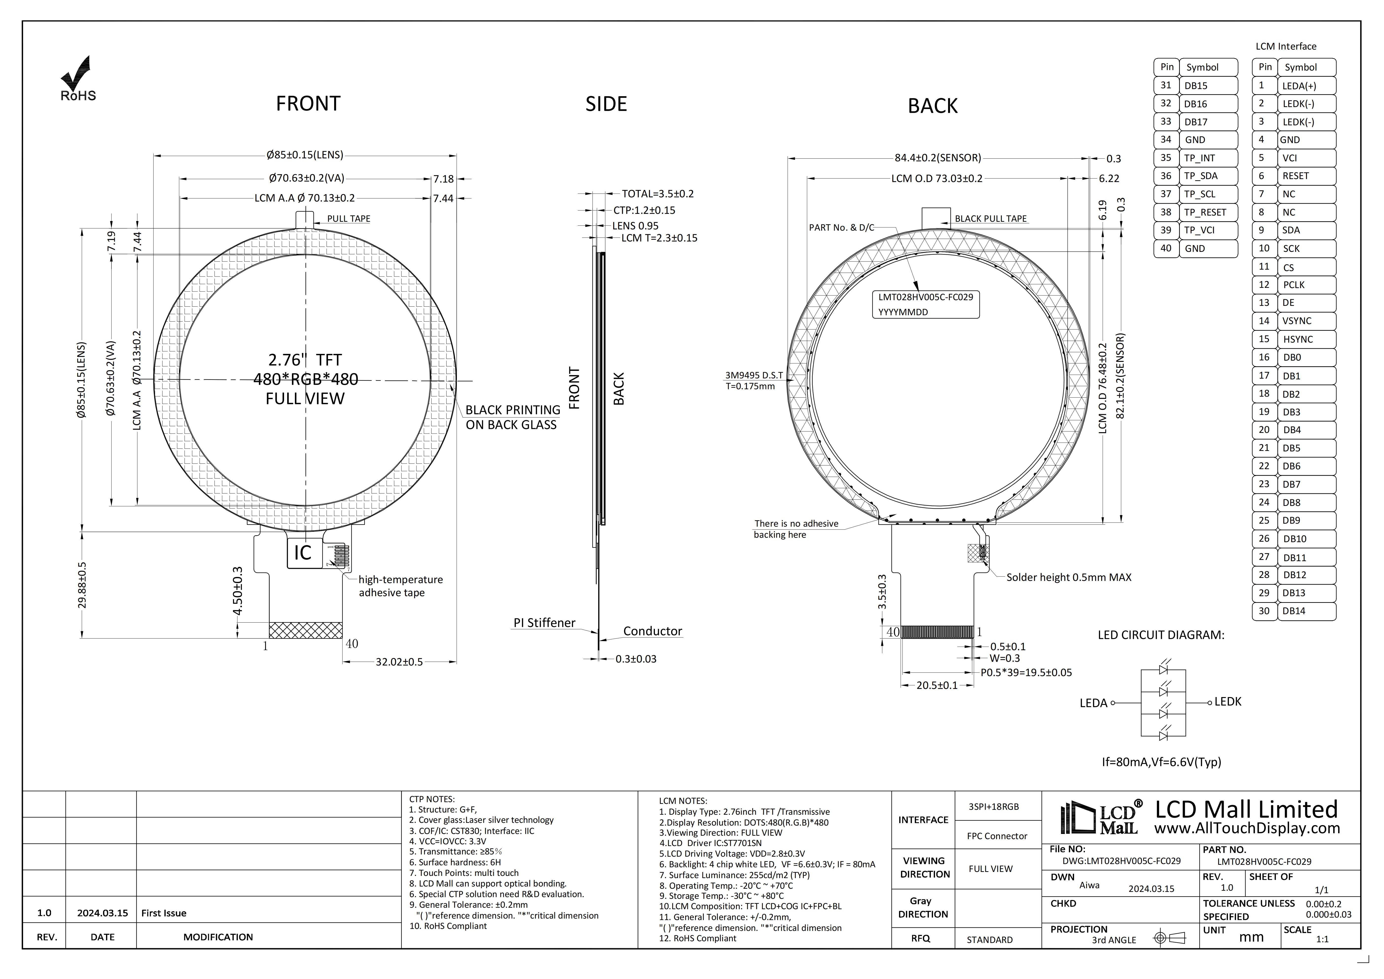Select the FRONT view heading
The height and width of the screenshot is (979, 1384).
pyautogui.click(x=308, y=104)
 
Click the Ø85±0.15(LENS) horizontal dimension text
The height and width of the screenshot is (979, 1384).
pyautogui.click(x=305, y=155)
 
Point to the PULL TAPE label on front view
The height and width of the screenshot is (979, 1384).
pyautogui.click(x=348, y=219)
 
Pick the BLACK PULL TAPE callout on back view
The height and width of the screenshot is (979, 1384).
pyautogui.click(x=990, y=219)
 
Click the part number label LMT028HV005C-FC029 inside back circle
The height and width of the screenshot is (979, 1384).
pyautogui.click(x=925, y=297)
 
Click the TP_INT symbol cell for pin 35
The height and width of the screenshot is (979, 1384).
pyautogui.click(x=1200, y=158)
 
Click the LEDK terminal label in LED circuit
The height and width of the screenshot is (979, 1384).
pyautogui.click(x=1228, y=702)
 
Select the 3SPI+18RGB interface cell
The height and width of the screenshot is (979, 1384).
pyautogui.click(x=993, y=807)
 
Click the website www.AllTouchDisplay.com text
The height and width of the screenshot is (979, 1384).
pyautogui.click(x=1247, y=828)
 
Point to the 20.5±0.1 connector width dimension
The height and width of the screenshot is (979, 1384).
pyautogui.click(x=937, y=685)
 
